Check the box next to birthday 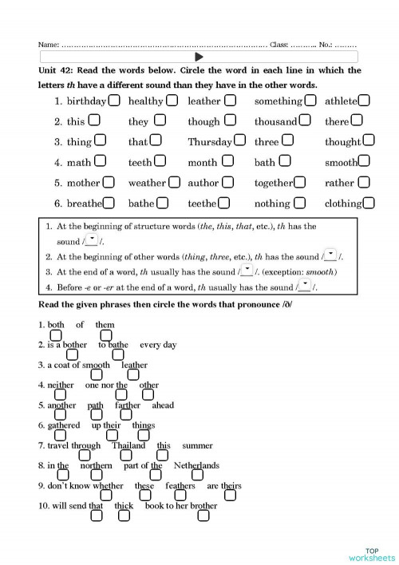(x=115, y=101)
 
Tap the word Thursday (x=210, y=142)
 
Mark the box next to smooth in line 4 (x=365, y=162)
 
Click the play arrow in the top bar (x=199, y=57)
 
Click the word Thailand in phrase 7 (x=128, y=446)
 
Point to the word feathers (x=180, y=486)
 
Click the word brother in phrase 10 (x=204, y=506)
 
